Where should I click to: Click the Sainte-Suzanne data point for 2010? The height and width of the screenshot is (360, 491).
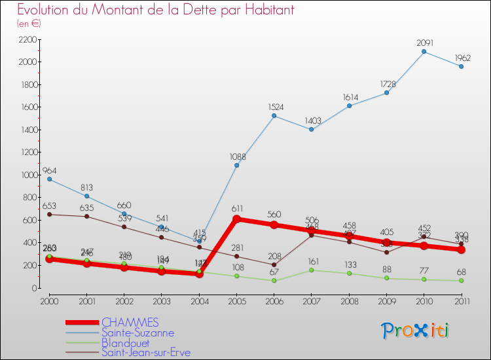tap(424, 52)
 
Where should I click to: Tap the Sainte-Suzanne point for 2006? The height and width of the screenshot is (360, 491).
tap(274, 116)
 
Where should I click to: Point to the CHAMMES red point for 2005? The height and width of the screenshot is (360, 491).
tap(236, 219)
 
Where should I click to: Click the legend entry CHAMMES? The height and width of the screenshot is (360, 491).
tap(130, 323)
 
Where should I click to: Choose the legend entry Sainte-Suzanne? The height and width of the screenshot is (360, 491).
tap(137, 333)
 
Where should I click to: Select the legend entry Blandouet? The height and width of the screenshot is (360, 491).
tap(125, 342)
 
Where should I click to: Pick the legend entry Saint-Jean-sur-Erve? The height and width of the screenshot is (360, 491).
tap(146, 352)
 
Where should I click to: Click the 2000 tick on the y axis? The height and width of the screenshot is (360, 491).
tap(27, 62)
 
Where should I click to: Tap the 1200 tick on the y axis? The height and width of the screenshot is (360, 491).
tap(27, 153)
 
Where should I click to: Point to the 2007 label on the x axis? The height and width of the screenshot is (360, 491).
tap(311, 300)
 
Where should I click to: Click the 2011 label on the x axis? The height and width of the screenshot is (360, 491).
tap(461, 300)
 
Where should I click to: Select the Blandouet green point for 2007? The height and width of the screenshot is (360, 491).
tap(311, 270)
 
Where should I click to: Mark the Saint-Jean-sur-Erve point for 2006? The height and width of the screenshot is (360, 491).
tap(274, 264)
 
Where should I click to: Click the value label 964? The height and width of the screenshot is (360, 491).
tap(50, 170)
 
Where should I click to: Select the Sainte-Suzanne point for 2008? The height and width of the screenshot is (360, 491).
tap(349, 106)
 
